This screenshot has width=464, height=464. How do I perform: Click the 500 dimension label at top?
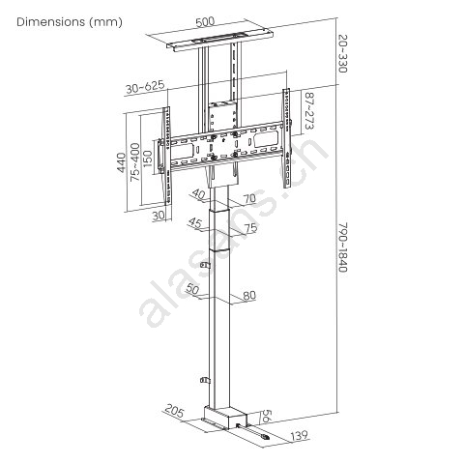click(x=205, y=21)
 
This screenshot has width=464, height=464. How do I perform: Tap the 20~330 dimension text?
click(x=342, y=53)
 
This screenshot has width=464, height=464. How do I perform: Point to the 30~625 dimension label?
click(x=145, y=87)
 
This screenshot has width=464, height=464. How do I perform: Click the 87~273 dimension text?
click(x=309, y=111)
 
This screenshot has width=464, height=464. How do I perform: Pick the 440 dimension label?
click(x=121, y=162)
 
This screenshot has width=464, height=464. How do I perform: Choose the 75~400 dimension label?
click(x=135, y=161)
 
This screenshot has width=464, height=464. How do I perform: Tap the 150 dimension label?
click(x=148, y=159)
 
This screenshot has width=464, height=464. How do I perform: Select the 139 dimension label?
click(x=299, y=436)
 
